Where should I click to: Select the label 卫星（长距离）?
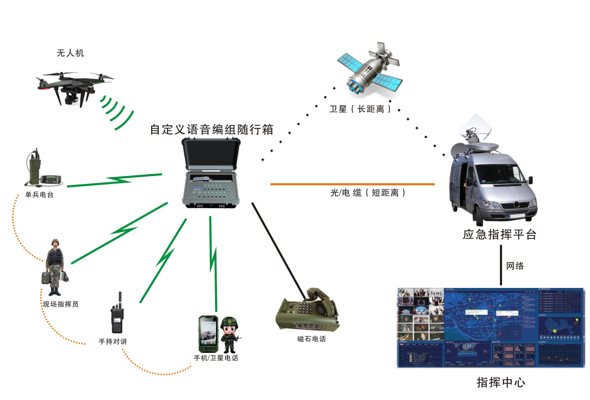(360, 109)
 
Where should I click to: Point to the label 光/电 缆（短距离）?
(368, 193)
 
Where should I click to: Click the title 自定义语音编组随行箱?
(212, 130)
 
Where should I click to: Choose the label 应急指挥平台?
(500, 235)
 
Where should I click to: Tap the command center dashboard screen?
(490, 328)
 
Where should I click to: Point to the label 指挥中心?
(500, 383)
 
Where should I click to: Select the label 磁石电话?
(311, 339)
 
